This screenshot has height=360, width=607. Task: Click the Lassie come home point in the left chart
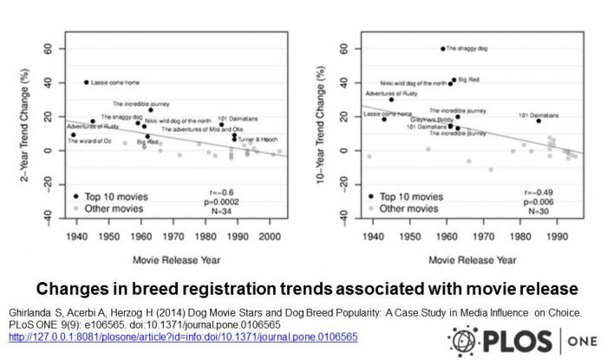pyautogui.click(x=86, y=82)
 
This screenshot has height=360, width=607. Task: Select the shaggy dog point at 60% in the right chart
pyautogui.click(x=442, y=49)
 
